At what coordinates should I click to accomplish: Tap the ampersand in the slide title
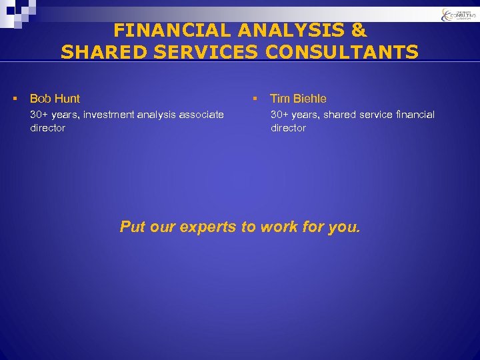pos(359,30)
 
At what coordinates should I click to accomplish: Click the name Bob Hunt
pos(55,99)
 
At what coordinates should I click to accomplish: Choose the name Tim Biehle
pos(298,99)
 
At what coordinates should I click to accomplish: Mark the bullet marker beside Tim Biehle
pos(254,99)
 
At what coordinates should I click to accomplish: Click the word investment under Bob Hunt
pos(109,115)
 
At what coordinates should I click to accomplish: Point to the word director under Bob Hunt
pos(48,128)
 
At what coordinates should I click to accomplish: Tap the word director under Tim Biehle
pos(288,128)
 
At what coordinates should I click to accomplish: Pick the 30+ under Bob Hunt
pos(40,115)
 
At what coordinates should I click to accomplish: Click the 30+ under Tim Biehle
pos(280,115)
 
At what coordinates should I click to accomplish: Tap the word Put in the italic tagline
pos(131,227)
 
